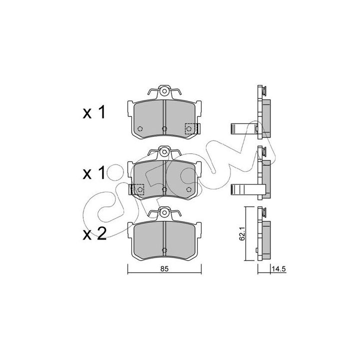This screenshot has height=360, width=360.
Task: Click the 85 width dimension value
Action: pos(164,268)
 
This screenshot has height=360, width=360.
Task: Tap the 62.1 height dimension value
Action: pos(241,233)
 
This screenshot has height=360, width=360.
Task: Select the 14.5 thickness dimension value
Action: pos(278,269)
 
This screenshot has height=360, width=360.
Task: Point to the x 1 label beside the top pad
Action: pos(94,112)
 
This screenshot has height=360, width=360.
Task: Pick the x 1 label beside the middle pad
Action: pos(94,173)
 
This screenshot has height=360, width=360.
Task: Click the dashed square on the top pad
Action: pos(191,129)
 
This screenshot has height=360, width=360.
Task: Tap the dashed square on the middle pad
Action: pos(137,189)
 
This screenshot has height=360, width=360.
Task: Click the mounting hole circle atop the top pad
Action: pos(164,91)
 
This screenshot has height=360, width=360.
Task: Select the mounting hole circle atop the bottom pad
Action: pos(164,213)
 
